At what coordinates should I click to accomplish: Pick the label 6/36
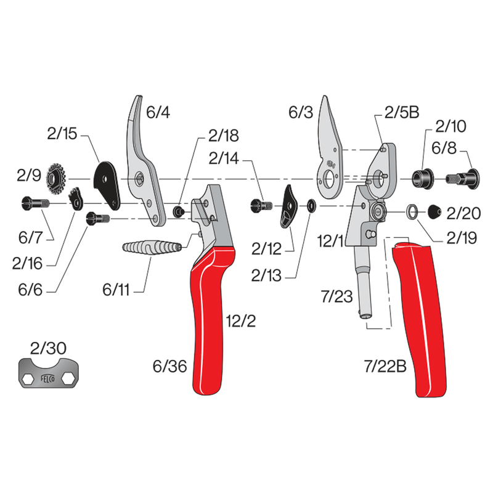click(x=168, y=366)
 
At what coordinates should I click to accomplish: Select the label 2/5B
click(x=401, y=112)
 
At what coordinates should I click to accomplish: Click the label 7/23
click(x=337, y=298)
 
